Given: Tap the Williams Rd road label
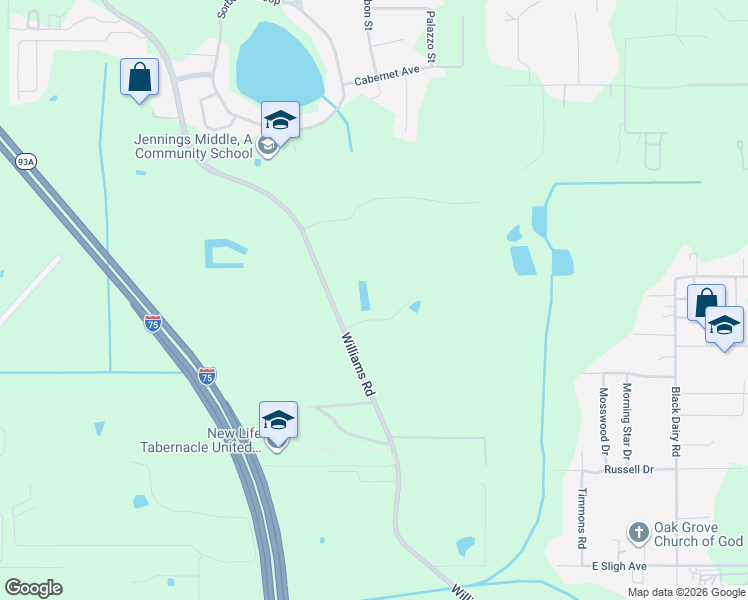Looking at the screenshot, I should [357, 367].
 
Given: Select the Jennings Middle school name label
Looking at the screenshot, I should [193, 147].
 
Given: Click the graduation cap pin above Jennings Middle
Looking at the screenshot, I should [280, 121].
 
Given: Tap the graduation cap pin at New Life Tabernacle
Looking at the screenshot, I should [278, 421].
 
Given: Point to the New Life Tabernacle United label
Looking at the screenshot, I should [199, 440].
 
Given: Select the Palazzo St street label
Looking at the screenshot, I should [431, 38].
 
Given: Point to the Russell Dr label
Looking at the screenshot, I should [628, 469].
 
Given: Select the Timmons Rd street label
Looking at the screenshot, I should [582, 518].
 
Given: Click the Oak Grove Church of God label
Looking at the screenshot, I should [698, 535].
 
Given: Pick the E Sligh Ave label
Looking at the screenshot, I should [619, 566].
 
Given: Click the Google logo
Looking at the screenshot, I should [33, 588].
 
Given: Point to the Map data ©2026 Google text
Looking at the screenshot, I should [685, 592].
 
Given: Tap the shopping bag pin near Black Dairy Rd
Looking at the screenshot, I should [706, 303].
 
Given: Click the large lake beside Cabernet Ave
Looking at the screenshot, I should [279, 62].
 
